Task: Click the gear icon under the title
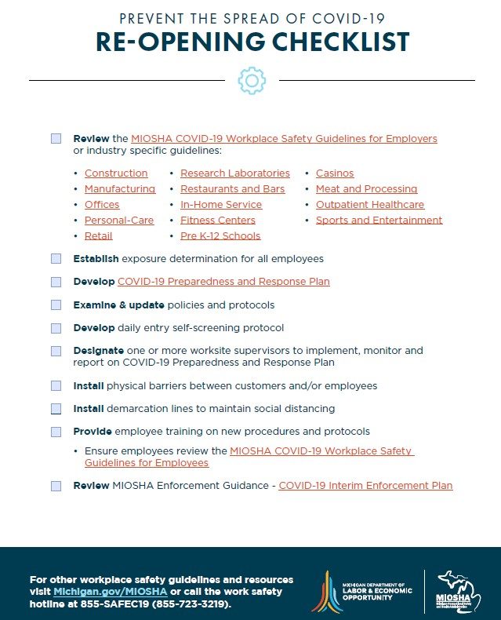(251, 80)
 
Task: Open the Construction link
(116, 173)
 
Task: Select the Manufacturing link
(120, 189)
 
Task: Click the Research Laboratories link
(234, 173)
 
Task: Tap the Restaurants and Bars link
(232, 189)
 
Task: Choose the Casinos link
(335, 173)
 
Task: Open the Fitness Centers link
(217, 221)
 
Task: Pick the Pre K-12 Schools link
(220, 236)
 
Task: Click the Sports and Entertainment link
(379, 221)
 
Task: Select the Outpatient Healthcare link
(370, 205)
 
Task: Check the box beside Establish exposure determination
(56, 258)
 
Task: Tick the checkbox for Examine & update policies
(56, 305)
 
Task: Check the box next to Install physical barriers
(56, 386)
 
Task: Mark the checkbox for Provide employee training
(56, 432)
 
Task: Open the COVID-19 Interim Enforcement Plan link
(365, 486)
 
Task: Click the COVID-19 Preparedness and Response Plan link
(223, 282)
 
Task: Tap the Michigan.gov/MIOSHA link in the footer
(110, 591)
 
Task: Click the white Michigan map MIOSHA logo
(458, 591)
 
